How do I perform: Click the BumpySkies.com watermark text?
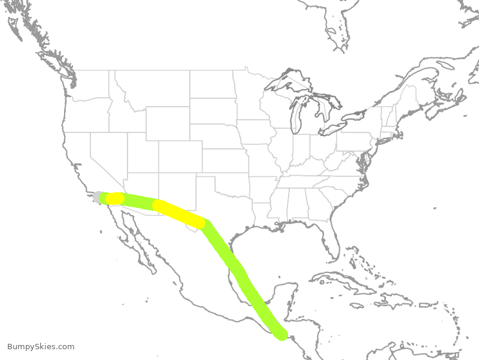[41, 347]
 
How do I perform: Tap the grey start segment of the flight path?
[98, 196]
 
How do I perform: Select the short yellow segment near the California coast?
[114, 198]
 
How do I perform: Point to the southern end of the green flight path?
[280, 334]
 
